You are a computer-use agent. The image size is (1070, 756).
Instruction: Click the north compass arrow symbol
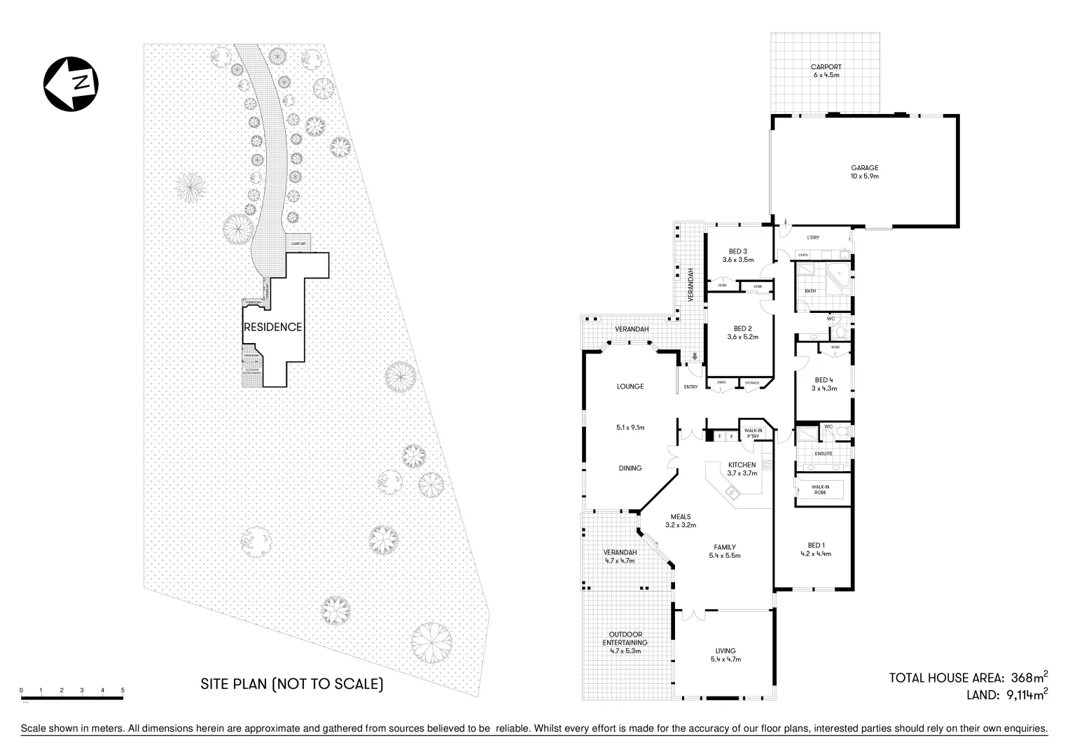coord(71,83)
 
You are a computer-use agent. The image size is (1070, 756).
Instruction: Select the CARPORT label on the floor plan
coord(826,71)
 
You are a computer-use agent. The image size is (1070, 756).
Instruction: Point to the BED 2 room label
coord(742,332)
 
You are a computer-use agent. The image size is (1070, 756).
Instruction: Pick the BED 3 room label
coord(738,255)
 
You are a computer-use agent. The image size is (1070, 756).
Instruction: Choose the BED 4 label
coord(824,384)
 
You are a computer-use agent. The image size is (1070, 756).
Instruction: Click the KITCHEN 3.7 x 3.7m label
coord(742,469)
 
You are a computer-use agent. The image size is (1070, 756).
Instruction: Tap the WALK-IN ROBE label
coord(820,489)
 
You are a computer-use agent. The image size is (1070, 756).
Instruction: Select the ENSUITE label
coord(824,454)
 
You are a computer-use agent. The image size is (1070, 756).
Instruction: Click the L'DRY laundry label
coord(813,238)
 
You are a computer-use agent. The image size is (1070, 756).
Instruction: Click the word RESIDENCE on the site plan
coord(272,327)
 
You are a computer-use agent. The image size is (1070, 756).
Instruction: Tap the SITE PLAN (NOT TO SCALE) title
coord(292,683)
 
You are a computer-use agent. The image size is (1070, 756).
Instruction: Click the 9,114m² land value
coord(1024,694)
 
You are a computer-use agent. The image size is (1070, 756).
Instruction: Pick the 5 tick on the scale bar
coord(123,690)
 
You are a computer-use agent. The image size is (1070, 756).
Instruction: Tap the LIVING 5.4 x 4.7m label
coord(725,654)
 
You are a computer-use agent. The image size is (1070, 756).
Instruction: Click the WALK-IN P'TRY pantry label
coord(753,433)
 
